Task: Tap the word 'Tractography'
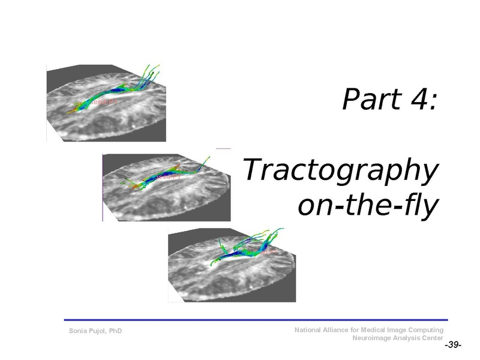[339, 172]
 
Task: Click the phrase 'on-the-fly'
[368, 205]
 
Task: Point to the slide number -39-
[452, 346]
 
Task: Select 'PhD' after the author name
[115, 331]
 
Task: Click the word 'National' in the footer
[308, 330]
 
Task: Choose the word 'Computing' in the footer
[427, 330]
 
